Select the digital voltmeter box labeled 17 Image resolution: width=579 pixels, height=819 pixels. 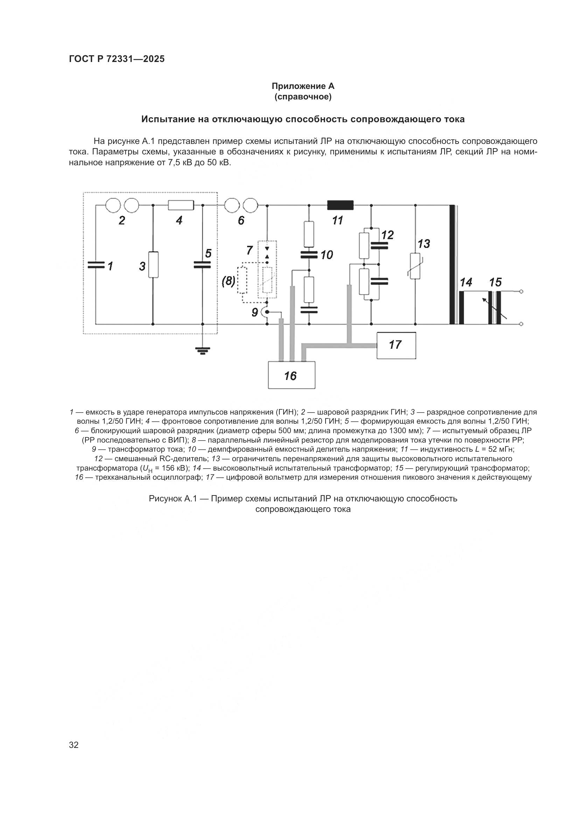point(396,345)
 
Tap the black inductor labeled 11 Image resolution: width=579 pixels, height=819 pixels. point(340,205)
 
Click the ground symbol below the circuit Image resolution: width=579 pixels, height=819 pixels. point(202,351)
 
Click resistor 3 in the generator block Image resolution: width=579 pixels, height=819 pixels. point(153,265)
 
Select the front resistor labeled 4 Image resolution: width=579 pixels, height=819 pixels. point(181,205)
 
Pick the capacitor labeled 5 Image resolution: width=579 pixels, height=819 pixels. point(202,265)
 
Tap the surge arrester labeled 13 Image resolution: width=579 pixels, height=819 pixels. point(415,266)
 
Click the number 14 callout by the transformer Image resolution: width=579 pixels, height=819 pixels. point(466,283)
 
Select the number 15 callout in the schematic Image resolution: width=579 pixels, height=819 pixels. point(495,283)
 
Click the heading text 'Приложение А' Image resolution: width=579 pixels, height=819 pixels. point(303,86)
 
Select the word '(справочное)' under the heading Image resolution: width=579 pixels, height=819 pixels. point(303,97)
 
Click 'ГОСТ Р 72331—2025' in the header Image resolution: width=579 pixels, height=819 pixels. point(117,59)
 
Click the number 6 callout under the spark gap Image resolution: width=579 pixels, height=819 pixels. point(241,221)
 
